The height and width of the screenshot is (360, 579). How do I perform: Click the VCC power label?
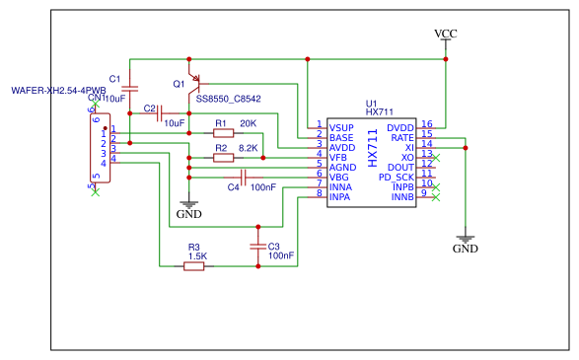pyautogui.click(x=446, y=34)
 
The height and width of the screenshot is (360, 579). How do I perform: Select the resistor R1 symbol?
pyautogui.click(x=223, y=132)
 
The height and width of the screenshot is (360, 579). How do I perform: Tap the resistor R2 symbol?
pyautogui.click(x=223, y=157)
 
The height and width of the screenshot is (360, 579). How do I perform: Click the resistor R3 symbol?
pyautogui.click(x=194, y=265)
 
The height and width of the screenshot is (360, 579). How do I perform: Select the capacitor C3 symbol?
pyautogui.click(x=258, y=246)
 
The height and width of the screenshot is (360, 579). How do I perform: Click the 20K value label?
pyautogui.click(x=248, y=122)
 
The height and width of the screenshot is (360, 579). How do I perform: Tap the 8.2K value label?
pyautogui.click(x=248, y=147)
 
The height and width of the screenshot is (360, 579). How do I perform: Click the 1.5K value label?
pyautogui.click(x=196, y=255)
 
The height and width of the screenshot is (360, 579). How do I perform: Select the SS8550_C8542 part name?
pyautogui.click(x=228, y=99)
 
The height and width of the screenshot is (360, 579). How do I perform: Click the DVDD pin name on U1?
pyautogui.click(x=399, y=127)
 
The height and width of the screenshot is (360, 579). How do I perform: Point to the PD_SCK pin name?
pyautogui.click(x=397, y=177)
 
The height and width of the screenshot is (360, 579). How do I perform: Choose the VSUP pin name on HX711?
pyautogui.click(x=341, y=128)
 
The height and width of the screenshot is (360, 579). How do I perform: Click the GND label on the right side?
pyautogui.click(x=465, y=250)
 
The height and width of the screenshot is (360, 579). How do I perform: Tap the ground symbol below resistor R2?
pyautogui.click(x=187, y=202)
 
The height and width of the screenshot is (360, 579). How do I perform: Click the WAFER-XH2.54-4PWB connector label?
pyautogui.click(x=58, y=90)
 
